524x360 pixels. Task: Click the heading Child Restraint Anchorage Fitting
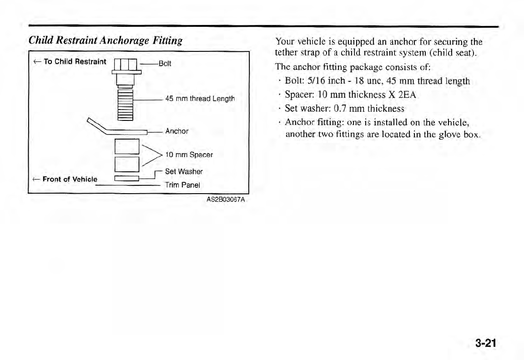coord(106,40)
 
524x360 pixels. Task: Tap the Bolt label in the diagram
coord(165,64)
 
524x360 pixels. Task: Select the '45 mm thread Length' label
coord(200,99)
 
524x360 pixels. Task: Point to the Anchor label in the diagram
coord(177,131)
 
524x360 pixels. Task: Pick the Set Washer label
coord(184,172)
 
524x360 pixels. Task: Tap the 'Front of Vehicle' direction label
coord(67,179)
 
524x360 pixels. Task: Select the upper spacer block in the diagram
coord(127,146)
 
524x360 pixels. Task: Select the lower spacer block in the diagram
coord(127,163)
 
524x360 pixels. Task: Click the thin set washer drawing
coord(127,178)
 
